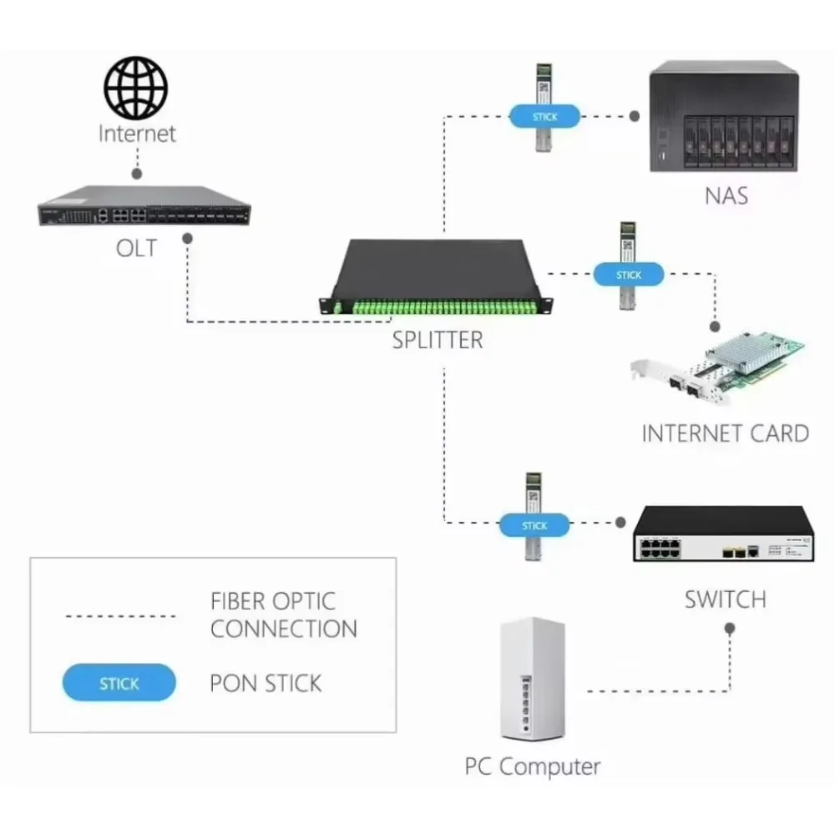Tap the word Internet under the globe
click(x=137, y=133)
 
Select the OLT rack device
click(x=144, y=207)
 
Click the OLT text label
click(x=135, y=248)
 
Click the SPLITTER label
click(x=438, y=340)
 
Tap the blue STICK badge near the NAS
click(x=544, y=117)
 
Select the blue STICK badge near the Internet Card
click(x=628, y=274)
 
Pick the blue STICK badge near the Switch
click(x=534, y=525)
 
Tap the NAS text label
click(x=726, y=196)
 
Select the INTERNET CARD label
click(x=725, y=433)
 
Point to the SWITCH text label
click(x=725, y=599)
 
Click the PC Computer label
click(x=532, y=766)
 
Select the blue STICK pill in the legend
click(x=119, y=683)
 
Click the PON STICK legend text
click(x=266, y=683)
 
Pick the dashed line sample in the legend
click(x=119, y=616)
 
